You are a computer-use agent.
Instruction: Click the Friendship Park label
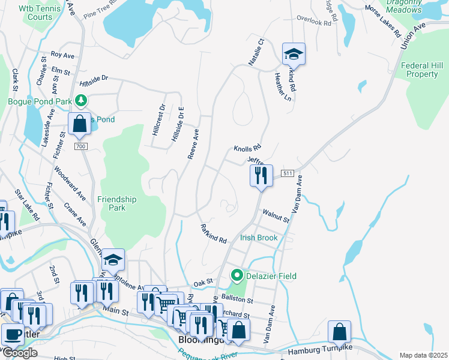coord(117,203)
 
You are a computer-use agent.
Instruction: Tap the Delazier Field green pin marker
coord(237,276)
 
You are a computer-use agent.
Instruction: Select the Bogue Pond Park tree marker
coord(85,101)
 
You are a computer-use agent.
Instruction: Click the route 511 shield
coord(288,173)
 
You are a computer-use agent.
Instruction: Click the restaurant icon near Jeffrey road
coord(261,175)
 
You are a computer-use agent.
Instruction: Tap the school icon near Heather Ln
coord(294,54)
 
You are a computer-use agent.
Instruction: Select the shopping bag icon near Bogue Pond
coord(79,124)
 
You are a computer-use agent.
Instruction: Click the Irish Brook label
coord(259,238)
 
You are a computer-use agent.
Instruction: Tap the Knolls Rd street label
coord(248,148)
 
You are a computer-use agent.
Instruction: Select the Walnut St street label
coord(276,215)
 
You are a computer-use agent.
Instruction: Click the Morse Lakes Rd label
coord(382,22)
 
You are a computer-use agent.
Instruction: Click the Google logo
coord(19,353)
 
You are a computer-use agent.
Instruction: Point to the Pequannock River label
coord(207,352)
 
